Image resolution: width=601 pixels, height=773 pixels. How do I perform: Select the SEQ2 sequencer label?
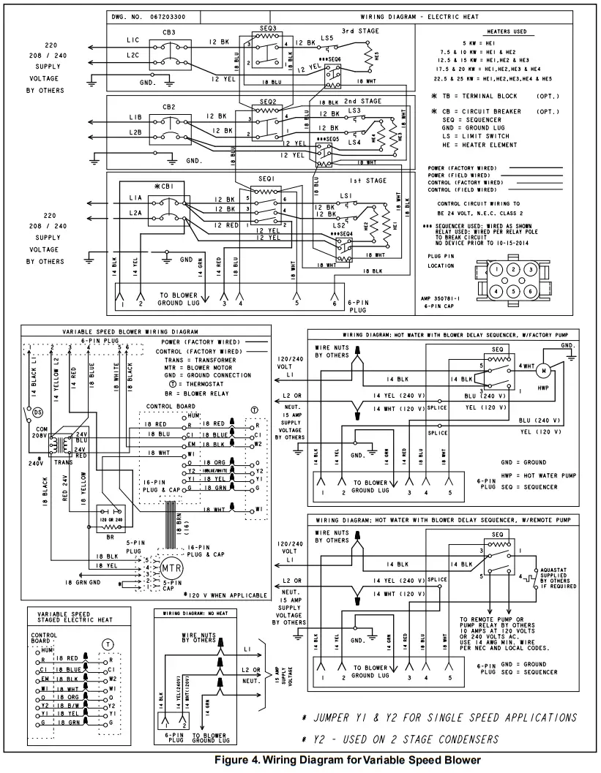coord(268,102)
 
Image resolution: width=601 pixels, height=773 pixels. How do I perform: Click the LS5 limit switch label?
coord(326,37)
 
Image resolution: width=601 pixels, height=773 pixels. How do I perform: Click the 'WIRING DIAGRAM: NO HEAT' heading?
coord(197,612)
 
